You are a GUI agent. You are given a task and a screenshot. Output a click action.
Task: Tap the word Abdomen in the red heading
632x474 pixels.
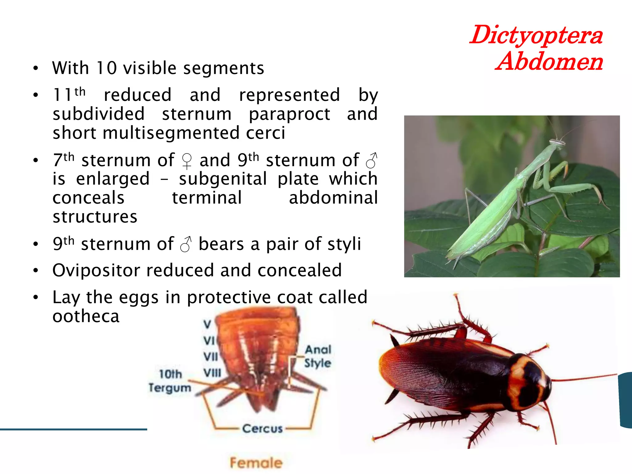pyautogui.click(x=549, y=62)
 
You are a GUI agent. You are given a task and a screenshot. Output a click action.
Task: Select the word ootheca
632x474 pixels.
pyautogui.click(x=86, y=316)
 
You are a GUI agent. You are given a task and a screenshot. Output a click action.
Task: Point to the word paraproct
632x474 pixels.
pyautogui.click(x=289, y=114)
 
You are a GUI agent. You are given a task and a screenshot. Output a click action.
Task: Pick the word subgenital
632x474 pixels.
pyautogui.click(x=223, y=179)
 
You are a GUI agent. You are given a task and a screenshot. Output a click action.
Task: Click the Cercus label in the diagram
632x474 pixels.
pyautogui.click(x=262, y=428)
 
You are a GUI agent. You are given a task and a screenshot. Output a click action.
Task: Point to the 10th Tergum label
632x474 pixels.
pyautogui.click(x=170, y=381)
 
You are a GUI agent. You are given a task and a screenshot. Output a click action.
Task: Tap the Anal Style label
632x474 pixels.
pyautogui.click(x=318, y=356)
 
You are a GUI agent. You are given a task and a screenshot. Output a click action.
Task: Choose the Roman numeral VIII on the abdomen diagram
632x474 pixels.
pyautogui.click(x=212, y=373)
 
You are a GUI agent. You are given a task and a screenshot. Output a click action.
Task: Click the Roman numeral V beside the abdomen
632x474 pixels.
pyautogui.click(x=207, y=324)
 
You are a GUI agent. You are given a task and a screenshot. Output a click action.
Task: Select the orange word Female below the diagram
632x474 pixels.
pyautogui.click(x=256, y=463)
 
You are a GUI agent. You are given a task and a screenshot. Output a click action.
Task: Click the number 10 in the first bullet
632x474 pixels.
pyautogui.click(x=106, y=68)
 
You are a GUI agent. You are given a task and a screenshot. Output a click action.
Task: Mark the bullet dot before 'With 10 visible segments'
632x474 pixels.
pyautogui.click(x=36, y=68)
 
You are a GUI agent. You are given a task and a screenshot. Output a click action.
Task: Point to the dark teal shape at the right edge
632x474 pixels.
pyautogui.click(x=626, y=400)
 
